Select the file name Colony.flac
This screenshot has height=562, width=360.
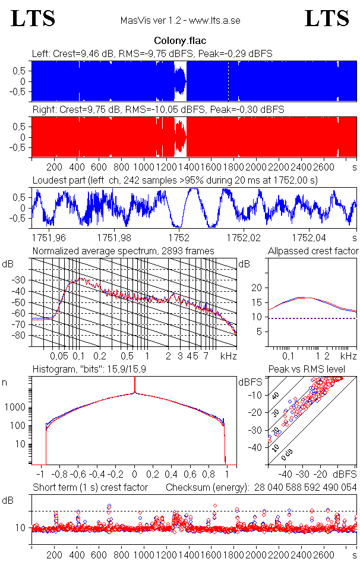tap(180, 41)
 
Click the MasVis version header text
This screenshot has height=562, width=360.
tap(180, 21)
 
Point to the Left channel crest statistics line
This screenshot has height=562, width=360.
tap(152, 53)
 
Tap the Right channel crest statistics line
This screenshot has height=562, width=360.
tap(158, 110)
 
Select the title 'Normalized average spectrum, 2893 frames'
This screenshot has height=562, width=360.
tap(124, 251)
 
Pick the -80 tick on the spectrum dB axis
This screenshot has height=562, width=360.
tap(21, 336)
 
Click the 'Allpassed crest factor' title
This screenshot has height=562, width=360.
tap(313, 251)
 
